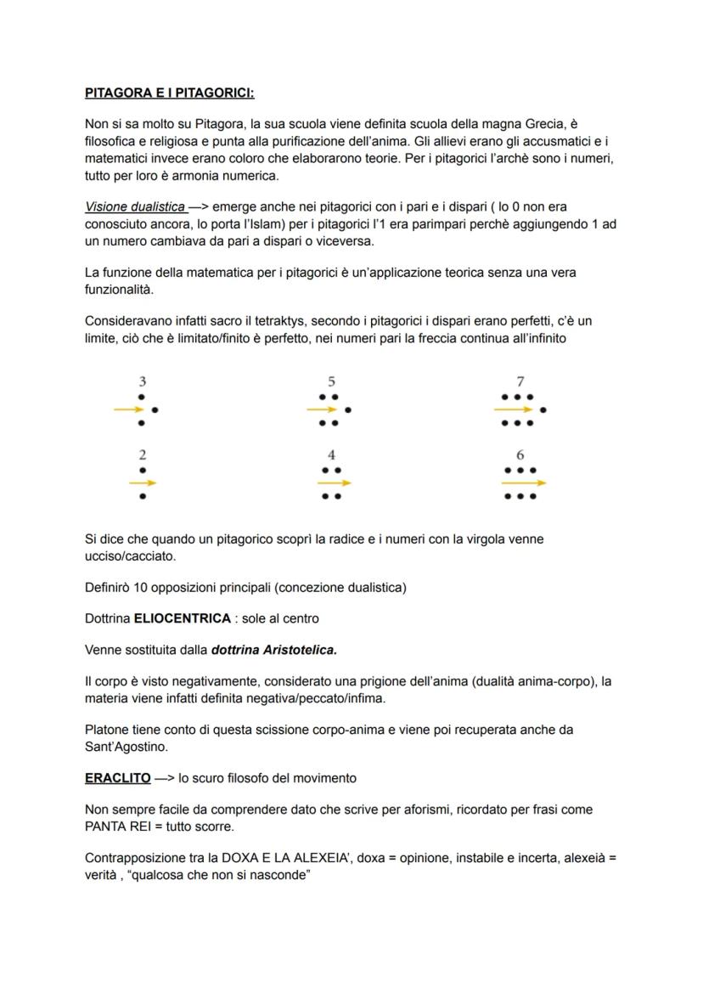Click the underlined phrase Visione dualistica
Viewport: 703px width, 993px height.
coord(135,206)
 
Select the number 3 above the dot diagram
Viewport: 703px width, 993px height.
coord(142,382)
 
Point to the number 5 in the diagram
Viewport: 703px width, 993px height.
coord(331,382)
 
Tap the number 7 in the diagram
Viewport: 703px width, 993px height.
coord(520,382)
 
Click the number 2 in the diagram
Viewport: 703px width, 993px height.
coord(142,455)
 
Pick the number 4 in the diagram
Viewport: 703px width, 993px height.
coord(331,455)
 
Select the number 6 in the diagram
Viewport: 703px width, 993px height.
coord(520,455)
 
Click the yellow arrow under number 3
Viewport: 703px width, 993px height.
coord(130,409)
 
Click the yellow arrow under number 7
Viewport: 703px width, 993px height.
coord(515,409)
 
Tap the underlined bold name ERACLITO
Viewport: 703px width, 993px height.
coord(117,778)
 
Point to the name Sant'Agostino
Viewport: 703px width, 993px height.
coord(128,746)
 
